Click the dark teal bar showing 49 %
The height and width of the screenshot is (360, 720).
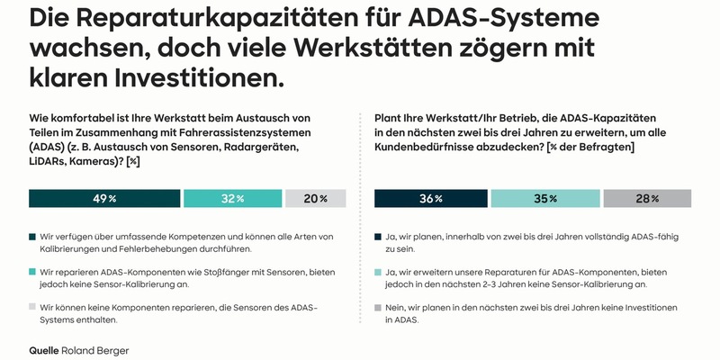click(103, 199)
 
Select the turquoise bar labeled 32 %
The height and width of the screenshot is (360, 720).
click(230, 199)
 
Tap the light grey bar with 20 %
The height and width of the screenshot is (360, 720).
click(315, 199)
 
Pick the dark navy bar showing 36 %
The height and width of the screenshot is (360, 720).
click(429, 199)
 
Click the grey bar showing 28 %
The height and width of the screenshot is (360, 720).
click(647, 199)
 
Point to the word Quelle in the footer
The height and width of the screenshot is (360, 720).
click(45, 346)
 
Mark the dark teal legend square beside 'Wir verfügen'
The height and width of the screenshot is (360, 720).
click(33, 237)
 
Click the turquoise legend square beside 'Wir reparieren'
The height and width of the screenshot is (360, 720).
click(33, 270)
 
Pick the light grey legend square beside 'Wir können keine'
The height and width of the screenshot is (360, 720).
click(33, 308)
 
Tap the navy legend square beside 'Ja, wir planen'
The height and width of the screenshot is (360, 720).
click(378, 237)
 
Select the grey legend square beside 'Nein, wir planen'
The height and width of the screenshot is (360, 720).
click(378, 308)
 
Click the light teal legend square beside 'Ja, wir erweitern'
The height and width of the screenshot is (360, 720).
click(378, 270)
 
